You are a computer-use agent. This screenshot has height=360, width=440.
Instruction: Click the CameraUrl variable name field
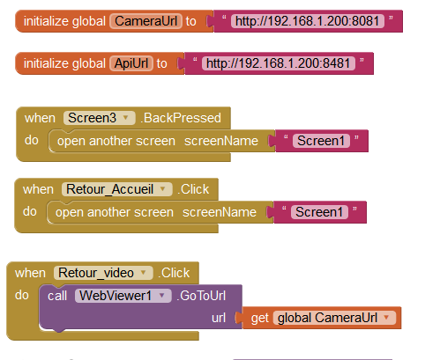(146, 21)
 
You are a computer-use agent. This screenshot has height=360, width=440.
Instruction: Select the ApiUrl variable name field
(131, 63)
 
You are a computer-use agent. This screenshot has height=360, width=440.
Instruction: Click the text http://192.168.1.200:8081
(308, 21)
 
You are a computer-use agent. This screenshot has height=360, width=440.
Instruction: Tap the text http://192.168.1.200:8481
(279, 63)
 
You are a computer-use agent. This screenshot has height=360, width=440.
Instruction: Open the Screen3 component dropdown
(100, 118)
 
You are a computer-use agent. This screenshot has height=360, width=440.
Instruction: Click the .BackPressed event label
(181, 118)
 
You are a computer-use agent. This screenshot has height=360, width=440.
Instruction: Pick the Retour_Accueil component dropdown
(116, 189)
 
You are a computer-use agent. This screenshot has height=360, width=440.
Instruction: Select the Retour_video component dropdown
(103, 273)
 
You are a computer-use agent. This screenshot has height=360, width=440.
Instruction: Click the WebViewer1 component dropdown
(123, 296)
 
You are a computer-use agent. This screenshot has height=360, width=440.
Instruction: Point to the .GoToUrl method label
(201, 296)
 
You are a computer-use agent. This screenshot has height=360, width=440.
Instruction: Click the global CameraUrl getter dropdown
(334, 318)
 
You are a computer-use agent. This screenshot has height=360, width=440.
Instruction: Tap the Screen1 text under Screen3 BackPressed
(321, 141)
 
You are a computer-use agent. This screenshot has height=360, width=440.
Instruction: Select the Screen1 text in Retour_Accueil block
(319, 212)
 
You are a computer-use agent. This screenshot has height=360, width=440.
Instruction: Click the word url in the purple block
(219, 318)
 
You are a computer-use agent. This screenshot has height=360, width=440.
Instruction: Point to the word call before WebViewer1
(57, 296)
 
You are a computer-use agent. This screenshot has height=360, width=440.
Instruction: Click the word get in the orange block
(260, 319)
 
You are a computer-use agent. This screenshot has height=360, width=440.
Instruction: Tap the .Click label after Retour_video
(174, 273)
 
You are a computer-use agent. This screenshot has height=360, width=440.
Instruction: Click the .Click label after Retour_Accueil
(193, 189)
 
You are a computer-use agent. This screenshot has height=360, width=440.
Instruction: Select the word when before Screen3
(40, 118)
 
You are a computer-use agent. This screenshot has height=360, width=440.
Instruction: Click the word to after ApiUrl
(161, 63)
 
